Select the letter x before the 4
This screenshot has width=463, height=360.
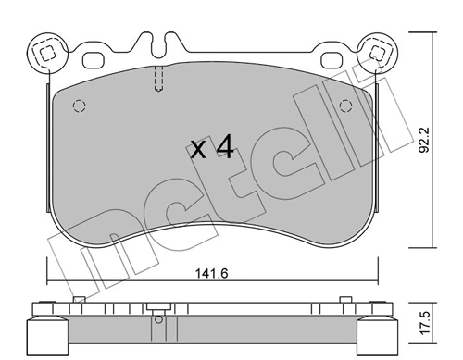[x=198, y=150]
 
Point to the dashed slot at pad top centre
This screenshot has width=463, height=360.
[x=158, y=80]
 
